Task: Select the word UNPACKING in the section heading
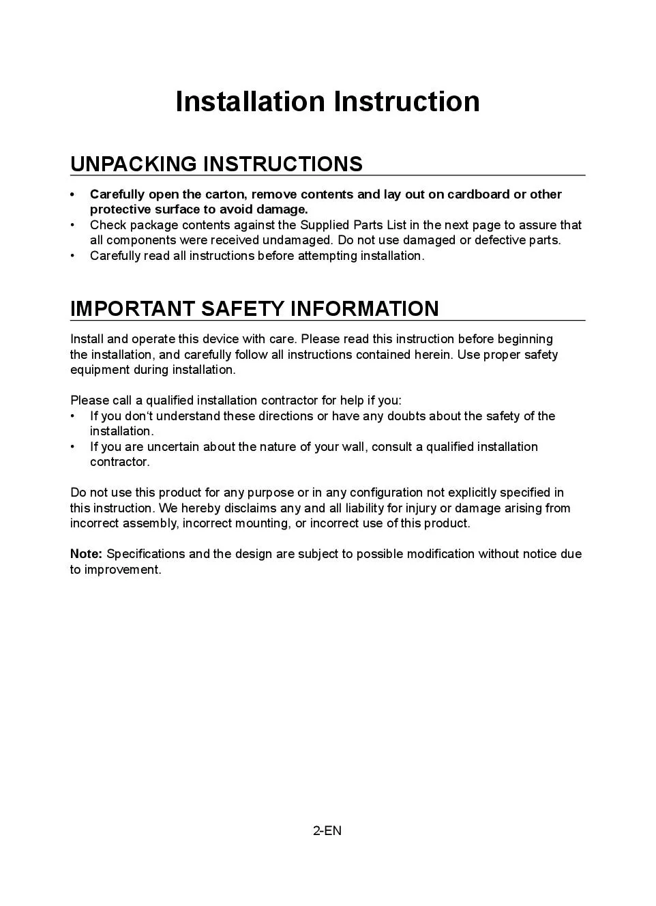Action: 133,164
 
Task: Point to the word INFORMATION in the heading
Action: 364,308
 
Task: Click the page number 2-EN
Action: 327,830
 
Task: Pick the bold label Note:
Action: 86,554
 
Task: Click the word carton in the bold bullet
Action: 225,194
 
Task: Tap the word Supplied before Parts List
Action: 325,225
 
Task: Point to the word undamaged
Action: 297,240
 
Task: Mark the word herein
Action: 432,355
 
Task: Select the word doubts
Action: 406,416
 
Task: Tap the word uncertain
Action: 174,447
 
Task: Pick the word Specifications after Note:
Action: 146,554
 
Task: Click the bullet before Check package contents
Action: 73,225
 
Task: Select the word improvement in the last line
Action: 123,570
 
